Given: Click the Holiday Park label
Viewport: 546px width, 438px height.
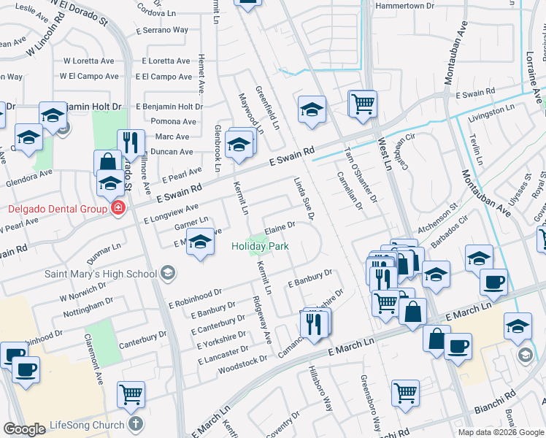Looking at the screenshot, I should point(259,247).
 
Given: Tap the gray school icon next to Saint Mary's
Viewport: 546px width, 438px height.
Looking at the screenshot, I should point(168,274).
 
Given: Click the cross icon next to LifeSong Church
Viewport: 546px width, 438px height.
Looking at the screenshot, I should point(135,424).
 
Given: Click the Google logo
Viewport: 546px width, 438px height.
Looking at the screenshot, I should point(24,429).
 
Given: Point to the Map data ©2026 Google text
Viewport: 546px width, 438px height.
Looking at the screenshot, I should point(500,432).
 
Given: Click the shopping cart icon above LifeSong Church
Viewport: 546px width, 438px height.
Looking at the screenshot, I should point(131,395).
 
